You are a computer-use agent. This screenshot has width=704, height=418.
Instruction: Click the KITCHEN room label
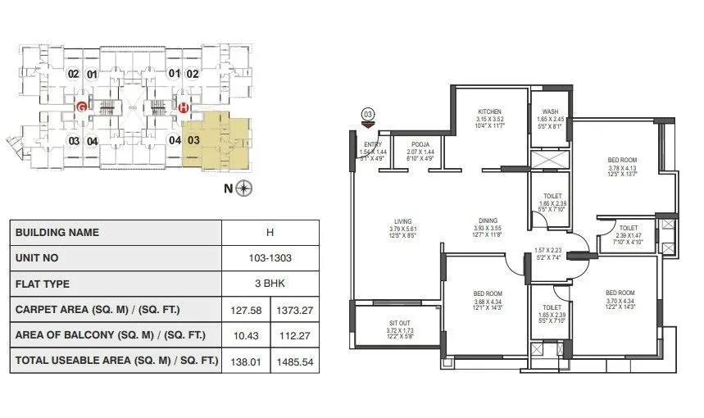(489, 112)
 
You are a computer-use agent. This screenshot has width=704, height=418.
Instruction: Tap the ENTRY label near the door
(373, 144)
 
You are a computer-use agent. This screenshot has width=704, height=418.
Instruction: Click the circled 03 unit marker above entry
(368, 113)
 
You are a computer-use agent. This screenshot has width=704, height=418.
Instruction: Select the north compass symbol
(245, 189)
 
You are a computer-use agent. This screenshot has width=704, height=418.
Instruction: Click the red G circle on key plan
(81, 107)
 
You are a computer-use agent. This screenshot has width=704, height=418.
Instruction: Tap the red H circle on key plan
(184, 107)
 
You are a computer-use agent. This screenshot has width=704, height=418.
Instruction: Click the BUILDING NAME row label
(57, 232)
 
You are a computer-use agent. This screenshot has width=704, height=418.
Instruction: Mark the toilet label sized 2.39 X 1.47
(629, 229)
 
